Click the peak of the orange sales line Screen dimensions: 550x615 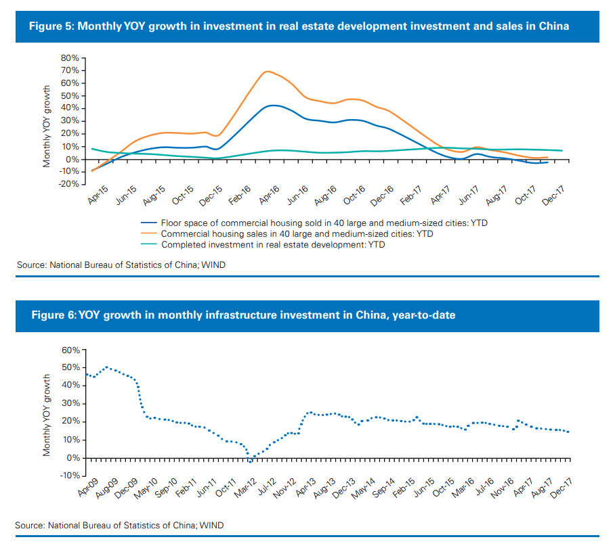tap(268, 71)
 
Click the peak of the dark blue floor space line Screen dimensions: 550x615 tap(273, 106)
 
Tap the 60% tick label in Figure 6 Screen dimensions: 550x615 tap(70, 350)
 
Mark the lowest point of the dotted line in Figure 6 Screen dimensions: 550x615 tap(251, 461)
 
